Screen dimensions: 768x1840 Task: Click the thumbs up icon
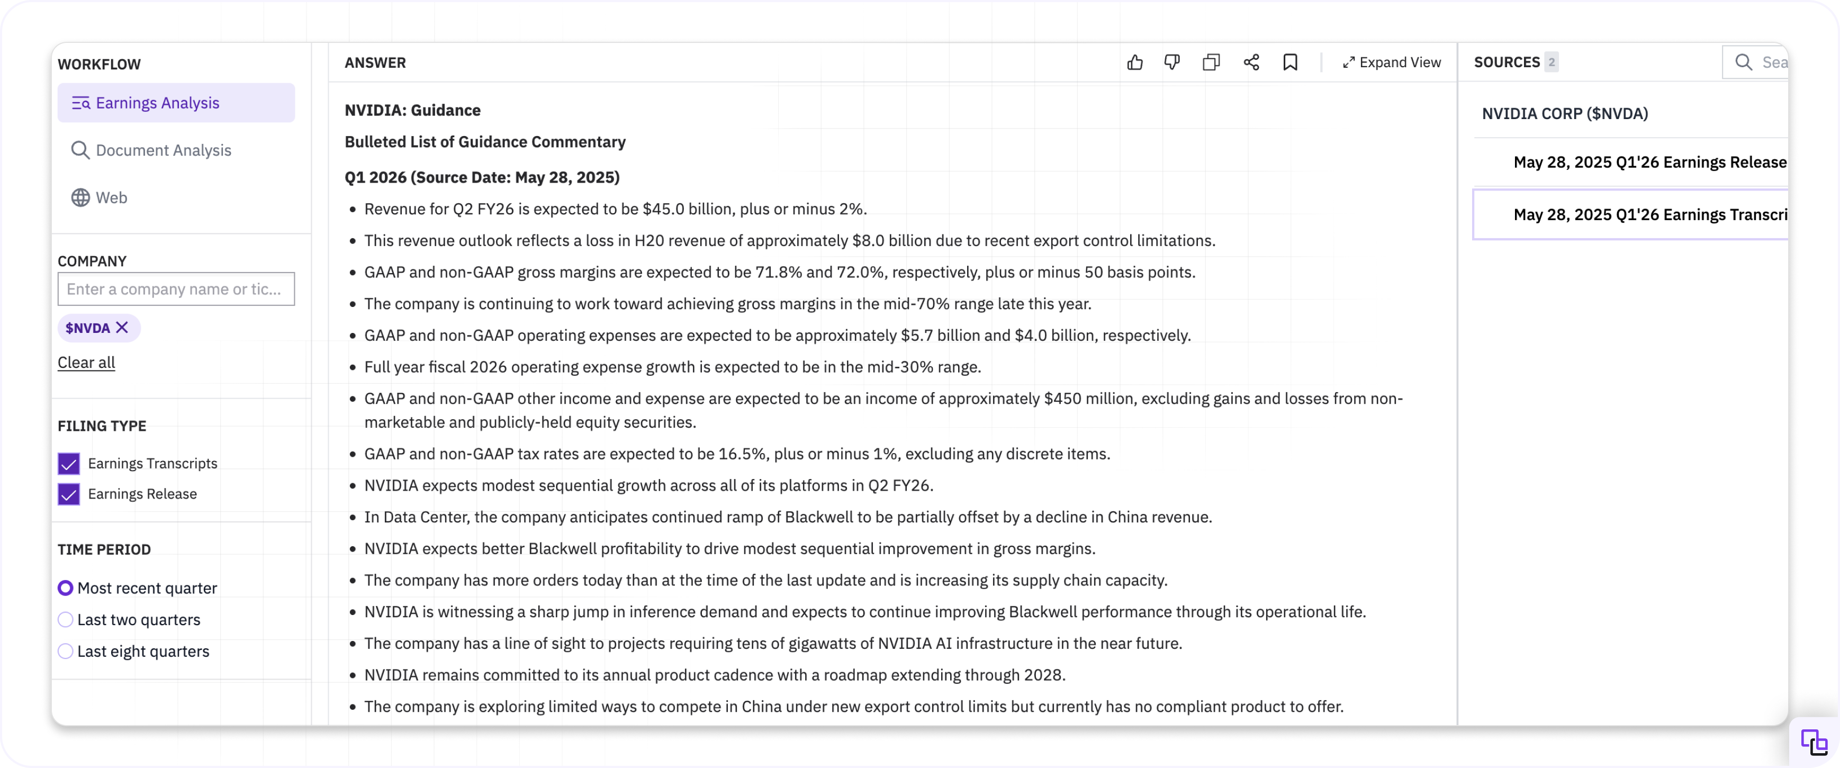(x=1134, y=63)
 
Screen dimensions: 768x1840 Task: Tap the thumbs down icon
(x=1171, y=63)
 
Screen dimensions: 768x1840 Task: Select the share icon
(x=1251, y=63)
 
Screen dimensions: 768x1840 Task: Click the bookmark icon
(x=1290, y=63)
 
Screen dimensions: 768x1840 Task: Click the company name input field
(x=176, y=290)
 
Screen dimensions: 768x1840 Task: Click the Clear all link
(x=86, y=363)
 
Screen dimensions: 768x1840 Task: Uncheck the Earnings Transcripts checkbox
(x=69, y=464)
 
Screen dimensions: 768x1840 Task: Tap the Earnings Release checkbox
(x=69, y=494)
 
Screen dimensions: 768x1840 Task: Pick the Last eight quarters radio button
(x=66, y=651)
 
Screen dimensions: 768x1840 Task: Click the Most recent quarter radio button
(x=66, y=588)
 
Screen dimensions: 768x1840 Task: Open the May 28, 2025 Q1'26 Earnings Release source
(x=1649, y=162)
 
